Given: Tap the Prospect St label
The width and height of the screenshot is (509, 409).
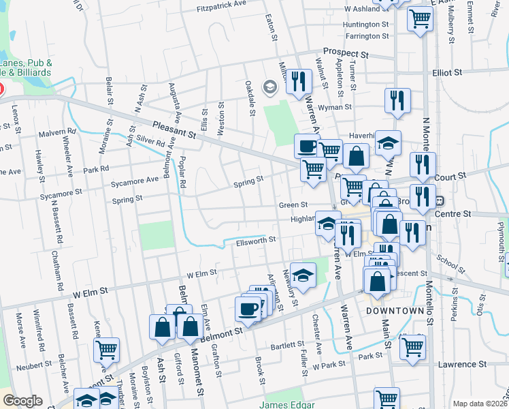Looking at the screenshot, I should click(345, 52).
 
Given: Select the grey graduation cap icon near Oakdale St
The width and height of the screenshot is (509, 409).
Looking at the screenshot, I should click(270, 87).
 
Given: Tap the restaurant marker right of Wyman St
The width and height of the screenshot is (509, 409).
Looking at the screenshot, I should click(398, 101).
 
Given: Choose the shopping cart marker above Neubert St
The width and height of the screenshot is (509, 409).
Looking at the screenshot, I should click(106, 350).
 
